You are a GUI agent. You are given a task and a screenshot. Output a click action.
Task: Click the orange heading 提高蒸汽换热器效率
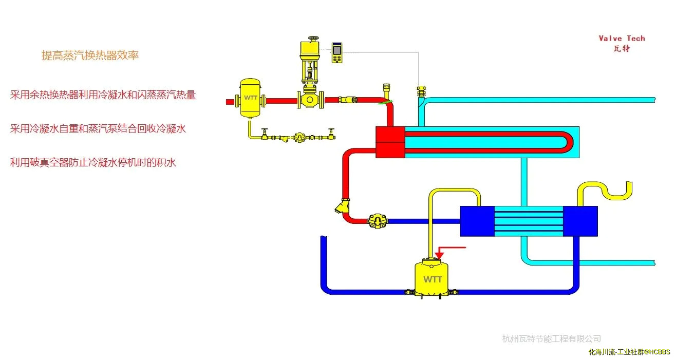click(x=90, y=55)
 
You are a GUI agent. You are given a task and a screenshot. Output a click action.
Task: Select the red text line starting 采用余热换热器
click(x=103, y=95)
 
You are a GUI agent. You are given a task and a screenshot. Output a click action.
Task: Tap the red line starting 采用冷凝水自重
click(x=98, y=128)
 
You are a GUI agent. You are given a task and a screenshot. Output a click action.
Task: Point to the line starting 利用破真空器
click(x=93, y=163)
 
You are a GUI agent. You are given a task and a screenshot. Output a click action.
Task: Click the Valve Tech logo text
click(x=622, y=39)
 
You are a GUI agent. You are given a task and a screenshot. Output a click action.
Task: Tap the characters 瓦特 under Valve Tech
click(x=622, y=49)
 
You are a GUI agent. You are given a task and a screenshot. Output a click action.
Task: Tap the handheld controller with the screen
click(x=337, y=52)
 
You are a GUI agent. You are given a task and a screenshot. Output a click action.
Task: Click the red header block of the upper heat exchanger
click(x=390, y=142)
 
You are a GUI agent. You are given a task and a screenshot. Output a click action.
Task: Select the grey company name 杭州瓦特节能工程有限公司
click(x=551, y=338)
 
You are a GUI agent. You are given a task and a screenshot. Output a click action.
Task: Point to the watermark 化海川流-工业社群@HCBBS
click(x=629, y=352)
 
